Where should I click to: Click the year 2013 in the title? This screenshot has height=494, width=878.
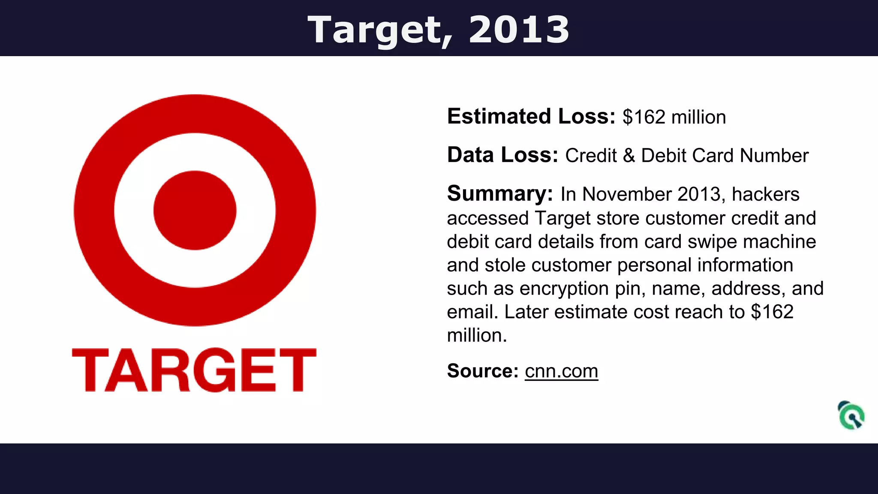click(519, 30)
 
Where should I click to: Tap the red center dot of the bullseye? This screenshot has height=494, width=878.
click(195, 210)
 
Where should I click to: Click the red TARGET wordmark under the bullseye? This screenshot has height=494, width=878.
click(194, 370)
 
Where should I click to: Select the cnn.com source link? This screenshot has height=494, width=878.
click(561, 371)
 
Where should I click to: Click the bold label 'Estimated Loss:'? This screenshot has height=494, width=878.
click(531, 117)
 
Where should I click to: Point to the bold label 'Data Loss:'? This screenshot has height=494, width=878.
click(502, 155)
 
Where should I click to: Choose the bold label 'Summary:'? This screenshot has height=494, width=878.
click(500, 194)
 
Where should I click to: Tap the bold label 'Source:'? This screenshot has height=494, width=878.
click(483, 371)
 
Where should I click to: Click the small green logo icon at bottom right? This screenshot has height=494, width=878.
click(851, 415)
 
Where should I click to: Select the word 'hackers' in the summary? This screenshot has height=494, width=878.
click(765, 194)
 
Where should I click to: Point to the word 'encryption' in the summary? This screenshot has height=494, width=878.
click(564, 289)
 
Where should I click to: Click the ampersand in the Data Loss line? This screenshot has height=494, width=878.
click(629, 156)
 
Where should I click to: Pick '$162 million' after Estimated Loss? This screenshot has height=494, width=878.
click(674, 117)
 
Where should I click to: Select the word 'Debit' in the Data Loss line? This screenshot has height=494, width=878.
click(664, 156)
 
